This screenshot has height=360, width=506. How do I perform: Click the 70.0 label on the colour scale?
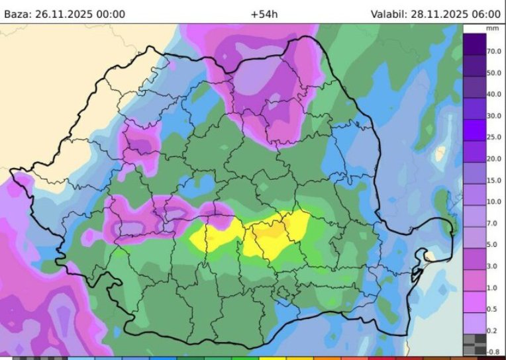pos(493,51)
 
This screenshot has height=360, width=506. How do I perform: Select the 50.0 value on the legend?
pos(493,73)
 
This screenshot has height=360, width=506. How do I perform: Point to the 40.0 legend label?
pos(493,94)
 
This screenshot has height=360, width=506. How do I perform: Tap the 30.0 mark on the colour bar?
pos(493,116)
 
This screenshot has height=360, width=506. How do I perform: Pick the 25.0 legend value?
pos(493,137)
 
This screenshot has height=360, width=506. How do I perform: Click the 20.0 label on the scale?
pos(493,159)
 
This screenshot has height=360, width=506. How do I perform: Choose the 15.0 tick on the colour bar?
pos(493,181)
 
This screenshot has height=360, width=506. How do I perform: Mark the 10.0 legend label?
pos(493,202)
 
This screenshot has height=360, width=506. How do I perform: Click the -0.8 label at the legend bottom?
pos(493,351)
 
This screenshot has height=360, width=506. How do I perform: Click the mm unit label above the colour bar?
pos(492,29)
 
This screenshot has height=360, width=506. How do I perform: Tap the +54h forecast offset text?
pos(264,13)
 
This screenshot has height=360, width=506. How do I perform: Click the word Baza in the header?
pos(18,13)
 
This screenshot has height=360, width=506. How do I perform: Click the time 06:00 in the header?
pos(487,13)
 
